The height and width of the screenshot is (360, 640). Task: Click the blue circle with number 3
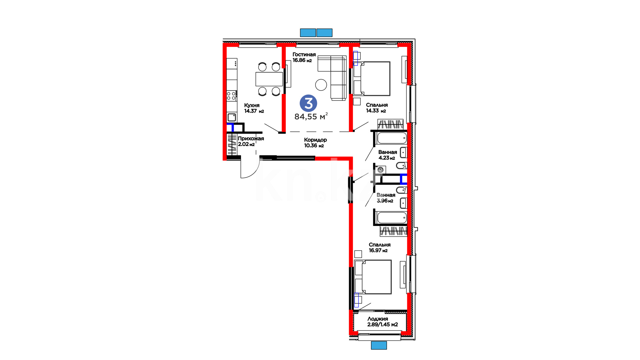pyautogui.click(x=308, y=103)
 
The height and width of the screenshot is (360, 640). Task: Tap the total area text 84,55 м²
pyautogui.click(x=311, y=116)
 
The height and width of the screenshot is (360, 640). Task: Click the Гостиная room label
pyautogui.click(x=304, y=54)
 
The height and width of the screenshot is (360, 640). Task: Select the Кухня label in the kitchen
pyautogui.click(x=252, y=105)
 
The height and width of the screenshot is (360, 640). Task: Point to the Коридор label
pyautogui.click(x=315, y=140)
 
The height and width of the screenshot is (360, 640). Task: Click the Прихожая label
pyautogui.click(x=251, y=139)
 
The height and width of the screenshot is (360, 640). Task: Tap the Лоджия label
pyautogui.click(x=378, y=319)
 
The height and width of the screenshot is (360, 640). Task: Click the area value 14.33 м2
pyautogui.click(x=376, y=111)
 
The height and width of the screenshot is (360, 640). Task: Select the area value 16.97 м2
pyautogui.click(x=378, y=250)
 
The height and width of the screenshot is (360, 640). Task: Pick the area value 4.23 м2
pyautogui.click(x=387, y=158)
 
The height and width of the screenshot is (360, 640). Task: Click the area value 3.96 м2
pyautogui.click(x=385, y=201)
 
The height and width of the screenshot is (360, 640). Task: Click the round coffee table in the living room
pyautogui.click(x=321, y=85)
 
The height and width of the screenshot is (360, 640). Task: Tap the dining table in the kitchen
pyautogui.click(x=269, y=79)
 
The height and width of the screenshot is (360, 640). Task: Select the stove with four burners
pyautogui.click(x=231, y=96)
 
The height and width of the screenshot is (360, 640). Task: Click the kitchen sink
pyautogui.click(x=232, y=117)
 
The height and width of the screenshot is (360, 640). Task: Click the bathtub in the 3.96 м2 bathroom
pyautogui.click(x=392, y=218)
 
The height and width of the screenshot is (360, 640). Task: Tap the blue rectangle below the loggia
pyautogui.click(x=379, y=345)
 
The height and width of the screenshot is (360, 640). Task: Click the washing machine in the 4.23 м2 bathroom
pyautogui.click(x=380, y=170)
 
